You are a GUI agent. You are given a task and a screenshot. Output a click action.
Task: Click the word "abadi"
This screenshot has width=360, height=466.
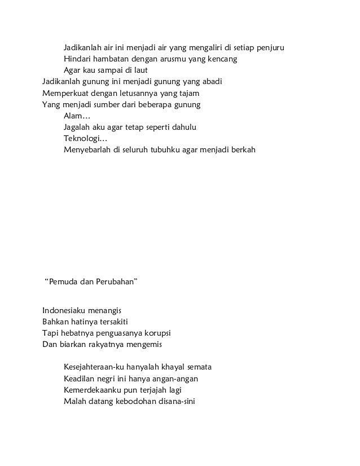[x=210, y=82]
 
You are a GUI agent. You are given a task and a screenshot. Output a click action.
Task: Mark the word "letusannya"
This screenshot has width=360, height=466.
[x=140, y=93]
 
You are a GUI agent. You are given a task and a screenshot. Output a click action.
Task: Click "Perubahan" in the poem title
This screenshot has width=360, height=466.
[x=116, y=280]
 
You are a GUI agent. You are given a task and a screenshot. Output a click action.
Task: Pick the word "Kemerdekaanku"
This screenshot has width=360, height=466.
[x=94, y=390]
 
